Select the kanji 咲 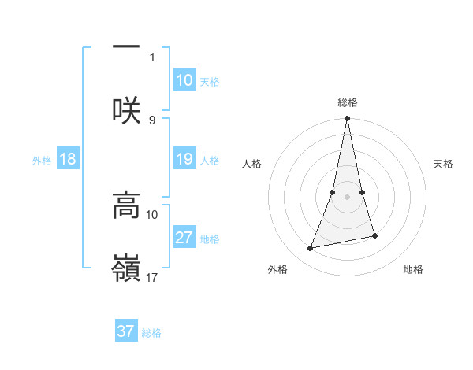126,110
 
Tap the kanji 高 126,206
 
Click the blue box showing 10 184,80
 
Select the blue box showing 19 184,159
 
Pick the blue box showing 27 184,238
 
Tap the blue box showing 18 68,159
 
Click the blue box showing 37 126,331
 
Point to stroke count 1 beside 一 152,57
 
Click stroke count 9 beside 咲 152,120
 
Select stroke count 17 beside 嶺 152,277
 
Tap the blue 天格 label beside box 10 210,82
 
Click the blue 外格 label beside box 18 42,161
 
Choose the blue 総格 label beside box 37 151,333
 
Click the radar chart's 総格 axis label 348,102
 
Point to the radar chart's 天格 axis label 444,164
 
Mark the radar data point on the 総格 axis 348,119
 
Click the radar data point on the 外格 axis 311,249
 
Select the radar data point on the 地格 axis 374,236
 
